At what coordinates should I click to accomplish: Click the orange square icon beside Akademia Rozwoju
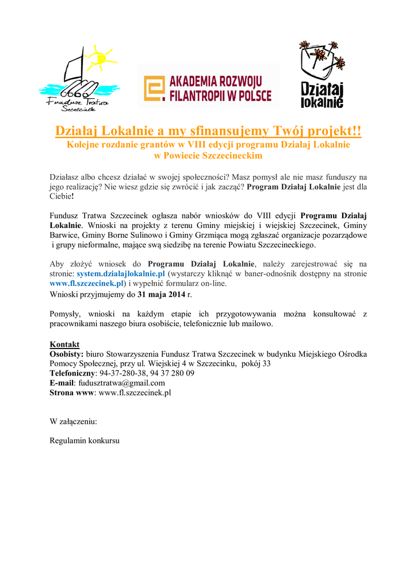(x=153, y=88)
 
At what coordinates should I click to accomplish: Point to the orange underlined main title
(x=208, y=131)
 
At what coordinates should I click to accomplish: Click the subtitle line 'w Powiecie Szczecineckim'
(x=208, y=156)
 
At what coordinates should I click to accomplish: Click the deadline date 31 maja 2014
(x=161, y=295)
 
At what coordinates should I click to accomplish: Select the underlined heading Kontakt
(x=64, y=344)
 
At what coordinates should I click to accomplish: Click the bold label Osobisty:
(x=67, y=354)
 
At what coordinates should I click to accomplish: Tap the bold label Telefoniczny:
(x=72, y=373)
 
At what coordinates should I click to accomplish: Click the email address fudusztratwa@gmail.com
(x=122, y=383)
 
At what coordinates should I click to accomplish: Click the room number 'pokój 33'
(x=256, y=363)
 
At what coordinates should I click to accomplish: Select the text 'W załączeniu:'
(x=74, y=421)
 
